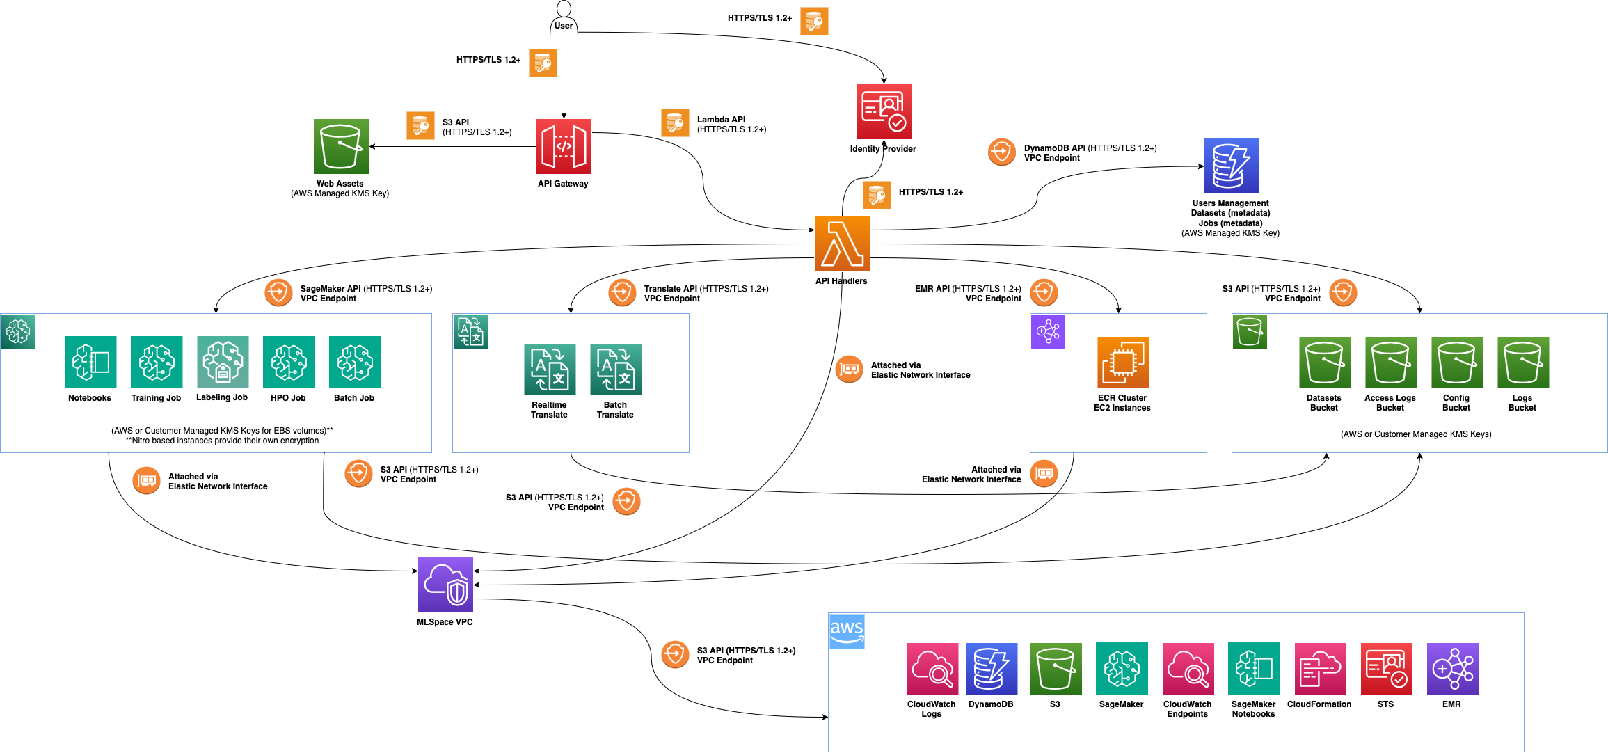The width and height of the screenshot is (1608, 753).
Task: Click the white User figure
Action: click(x=564, y=22)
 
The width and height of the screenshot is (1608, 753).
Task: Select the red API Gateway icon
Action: click(x=564, y=146)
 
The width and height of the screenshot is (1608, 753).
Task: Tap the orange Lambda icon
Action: click(x=842, y=244)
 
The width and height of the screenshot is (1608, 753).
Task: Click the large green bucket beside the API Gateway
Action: click(x=341, y=146)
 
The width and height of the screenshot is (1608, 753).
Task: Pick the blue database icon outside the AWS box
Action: click(x=1232, y=166)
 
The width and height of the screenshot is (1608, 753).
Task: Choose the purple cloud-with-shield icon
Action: click(x=445, y=585)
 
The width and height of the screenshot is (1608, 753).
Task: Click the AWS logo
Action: click(x=847, y=631)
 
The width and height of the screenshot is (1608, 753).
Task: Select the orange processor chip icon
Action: click(x=1123, y=363)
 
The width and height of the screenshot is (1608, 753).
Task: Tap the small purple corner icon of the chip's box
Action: click(x=1048, y=331)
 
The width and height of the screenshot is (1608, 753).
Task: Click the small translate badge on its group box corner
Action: click(x=470, y=331)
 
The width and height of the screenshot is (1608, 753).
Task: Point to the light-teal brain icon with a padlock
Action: click(x=223, y=362)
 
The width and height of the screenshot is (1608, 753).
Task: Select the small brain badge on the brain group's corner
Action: click(x=18, y=331)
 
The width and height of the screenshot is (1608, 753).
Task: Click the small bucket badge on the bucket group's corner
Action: click(x=1250, y=331)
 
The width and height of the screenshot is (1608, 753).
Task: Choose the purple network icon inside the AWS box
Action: click(x=1452, y=669)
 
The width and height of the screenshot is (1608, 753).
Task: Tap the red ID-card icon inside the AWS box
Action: click(x=1386, y=669)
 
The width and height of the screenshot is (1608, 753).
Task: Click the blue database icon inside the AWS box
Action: click(x=992, y=669)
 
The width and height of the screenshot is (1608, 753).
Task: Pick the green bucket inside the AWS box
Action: click(x=1056, y=669)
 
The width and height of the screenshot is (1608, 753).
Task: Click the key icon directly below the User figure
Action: click(x=543, y=63)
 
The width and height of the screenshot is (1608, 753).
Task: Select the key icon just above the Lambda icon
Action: click(x=877, y=196)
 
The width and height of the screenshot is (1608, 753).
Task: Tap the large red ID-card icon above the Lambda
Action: click(x=884, y=111)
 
